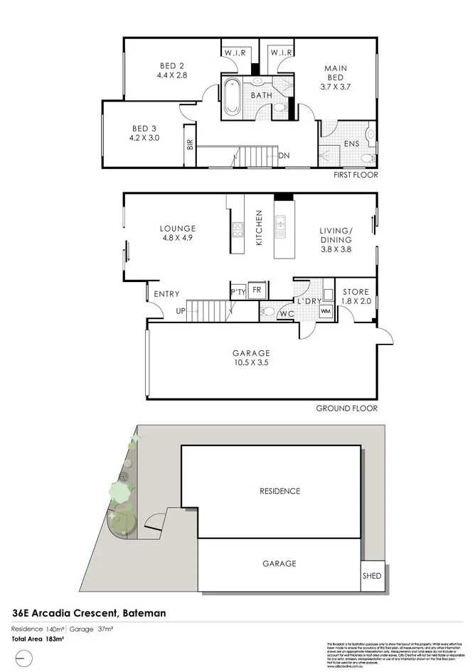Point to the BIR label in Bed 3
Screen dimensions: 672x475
(x=189, y=145)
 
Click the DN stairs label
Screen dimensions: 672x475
(x=284, y=156)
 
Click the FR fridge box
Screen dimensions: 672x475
(x=256, y=290)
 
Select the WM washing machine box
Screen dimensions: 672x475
(x=326, y=311)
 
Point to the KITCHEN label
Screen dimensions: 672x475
(x=260, y=227)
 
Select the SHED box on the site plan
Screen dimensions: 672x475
(x=371, y=576)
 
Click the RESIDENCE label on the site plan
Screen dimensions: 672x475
(x=279, y=491)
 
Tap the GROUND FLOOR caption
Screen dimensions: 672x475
(x=346, y=408)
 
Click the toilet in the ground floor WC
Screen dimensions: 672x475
(x=269, y=310)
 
